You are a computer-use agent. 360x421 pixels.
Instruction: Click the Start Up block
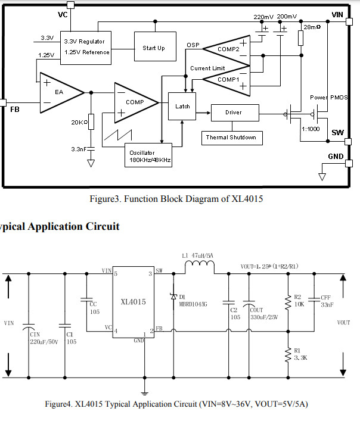point(153,48)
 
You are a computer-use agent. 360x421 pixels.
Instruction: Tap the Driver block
point(234,112)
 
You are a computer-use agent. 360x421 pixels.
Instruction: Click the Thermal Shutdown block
point(231,138)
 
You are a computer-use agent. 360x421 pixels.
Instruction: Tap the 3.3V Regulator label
point(85,41)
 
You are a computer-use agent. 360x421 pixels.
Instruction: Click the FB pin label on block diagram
point(14,110)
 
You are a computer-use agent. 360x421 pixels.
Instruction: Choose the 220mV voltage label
point(263,17)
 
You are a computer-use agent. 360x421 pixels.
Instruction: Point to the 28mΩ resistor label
point(312,27)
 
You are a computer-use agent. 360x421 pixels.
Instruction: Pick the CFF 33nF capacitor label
point(326,301)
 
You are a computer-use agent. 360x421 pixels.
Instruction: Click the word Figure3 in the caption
point(102,199)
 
